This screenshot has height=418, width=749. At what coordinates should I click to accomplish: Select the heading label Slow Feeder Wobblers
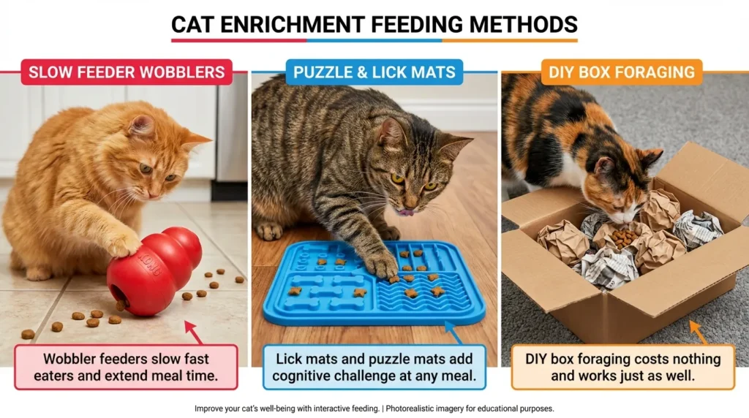tap(127, 72)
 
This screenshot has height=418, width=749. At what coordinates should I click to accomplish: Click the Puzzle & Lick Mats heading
tap(374, 72)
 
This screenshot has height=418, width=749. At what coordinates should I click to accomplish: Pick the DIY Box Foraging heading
tap(622, 72)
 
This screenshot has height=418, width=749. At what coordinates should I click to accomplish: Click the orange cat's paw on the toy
tap(122, 243)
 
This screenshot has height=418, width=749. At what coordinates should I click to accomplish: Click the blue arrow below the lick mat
tap(453, 334)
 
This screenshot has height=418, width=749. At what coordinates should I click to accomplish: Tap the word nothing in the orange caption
tap(685, 359)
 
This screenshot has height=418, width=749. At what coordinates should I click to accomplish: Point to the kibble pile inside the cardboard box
tap(622, 238)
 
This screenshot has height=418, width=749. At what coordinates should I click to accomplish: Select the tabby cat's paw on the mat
tap(380, 264)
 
